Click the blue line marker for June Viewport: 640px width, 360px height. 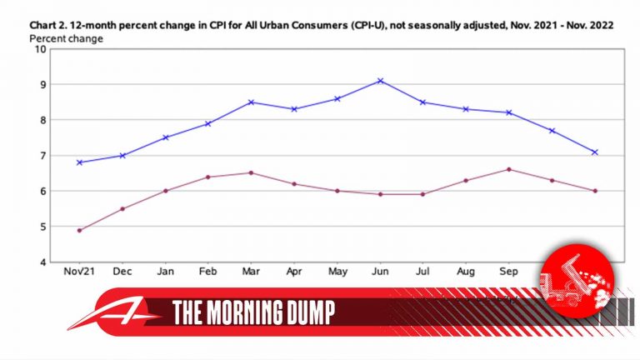click(x=380, y=81)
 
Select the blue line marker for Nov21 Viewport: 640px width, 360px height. click(x=79, y=162)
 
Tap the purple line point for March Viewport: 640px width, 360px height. click(x=251, y=172)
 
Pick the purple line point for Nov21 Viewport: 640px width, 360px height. click(x=79, y=230)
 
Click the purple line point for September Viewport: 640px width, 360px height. click(x=509, y=169)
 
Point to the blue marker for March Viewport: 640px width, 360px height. click(x=251, y=102)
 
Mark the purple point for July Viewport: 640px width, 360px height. click(x=423, y=194)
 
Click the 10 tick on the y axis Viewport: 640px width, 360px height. click(x=40, y=49)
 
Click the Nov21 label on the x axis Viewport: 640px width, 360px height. click(x=79, y=272)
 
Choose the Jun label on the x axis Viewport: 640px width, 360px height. click(x=380, y=272)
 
